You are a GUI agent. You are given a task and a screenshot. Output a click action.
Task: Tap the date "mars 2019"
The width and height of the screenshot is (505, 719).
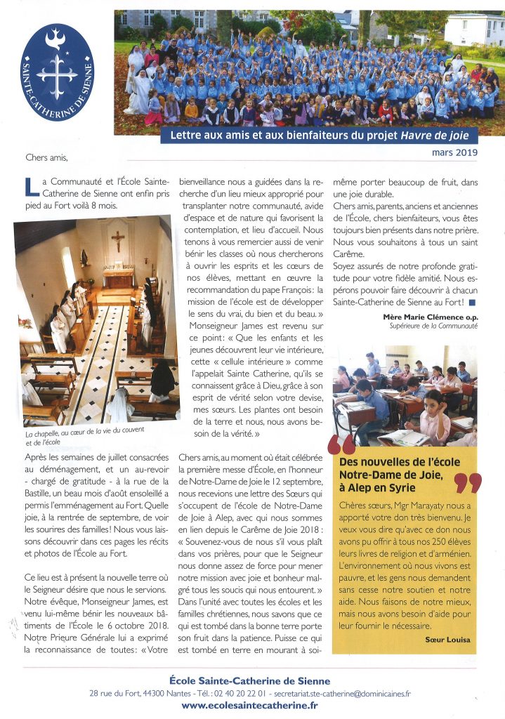tap(454, 152)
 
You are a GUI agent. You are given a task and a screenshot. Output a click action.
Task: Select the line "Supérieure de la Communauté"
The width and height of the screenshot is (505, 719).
tap(434, 326)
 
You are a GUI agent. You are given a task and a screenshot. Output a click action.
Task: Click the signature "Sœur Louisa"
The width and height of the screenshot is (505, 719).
tap(447, 639)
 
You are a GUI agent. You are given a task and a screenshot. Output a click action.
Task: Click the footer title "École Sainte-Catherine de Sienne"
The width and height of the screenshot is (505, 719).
tap(250, 680)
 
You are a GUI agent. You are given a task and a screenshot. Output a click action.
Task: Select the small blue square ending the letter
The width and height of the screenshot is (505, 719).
tap(472, 303)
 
